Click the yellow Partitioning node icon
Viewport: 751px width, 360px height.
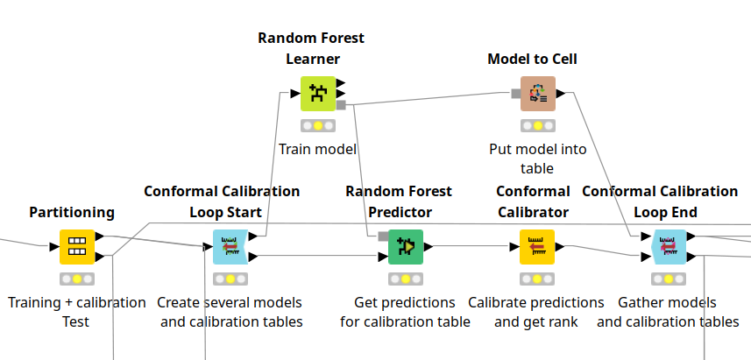pos(76,246)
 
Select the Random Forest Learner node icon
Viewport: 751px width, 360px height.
pos(317,94)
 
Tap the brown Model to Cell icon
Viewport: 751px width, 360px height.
pos(537,94)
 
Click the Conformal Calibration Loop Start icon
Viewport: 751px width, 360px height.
pos(230,246)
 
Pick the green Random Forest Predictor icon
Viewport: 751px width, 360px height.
pos(405,246)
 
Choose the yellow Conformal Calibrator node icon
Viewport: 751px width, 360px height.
pos(537,246)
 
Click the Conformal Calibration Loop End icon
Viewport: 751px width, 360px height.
pos(669,246)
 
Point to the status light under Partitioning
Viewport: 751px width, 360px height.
pos(76,279)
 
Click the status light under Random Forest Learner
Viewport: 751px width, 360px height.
pos(317,125)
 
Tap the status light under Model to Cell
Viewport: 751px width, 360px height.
pos(537,125)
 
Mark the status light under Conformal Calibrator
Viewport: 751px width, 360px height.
pos(537,279)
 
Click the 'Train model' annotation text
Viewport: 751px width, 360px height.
pos(317,149)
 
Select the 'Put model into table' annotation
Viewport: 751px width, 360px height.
pos(537,159)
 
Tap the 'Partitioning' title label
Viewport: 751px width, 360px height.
pos(72,212)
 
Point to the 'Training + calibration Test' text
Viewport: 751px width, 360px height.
pos(76,312)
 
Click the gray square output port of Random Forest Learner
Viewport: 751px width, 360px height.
pos(341,104)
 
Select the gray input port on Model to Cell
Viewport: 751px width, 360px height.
pos(516,94)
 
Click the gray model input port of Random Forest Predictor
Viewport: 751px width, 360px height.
pos(383,236)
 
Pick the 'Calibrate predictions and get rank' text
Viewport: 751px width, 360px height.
pos(536,312)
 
